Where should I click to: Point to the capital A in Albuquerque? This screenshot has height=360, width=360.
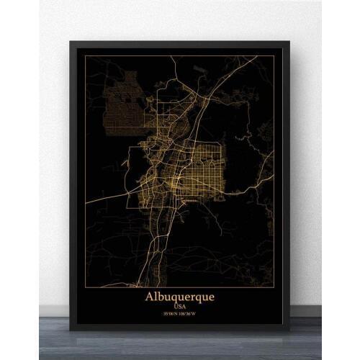point(150,296)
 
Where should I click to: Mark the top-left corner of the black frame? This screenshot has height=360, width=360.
point(70,41)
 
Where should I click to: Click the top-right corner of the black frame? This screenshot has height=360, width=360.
point(289,41)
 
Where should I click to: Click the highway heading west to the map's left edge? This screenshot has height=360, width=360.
point(108,197)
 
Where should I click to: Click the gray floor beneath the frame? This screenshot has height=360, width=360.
point(180,346)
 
